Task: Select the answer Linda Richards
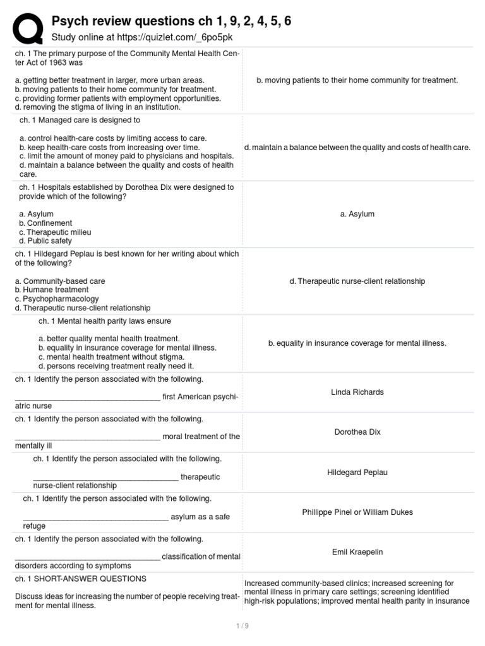point(357,392)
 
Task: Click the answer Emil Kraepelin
point(357,552)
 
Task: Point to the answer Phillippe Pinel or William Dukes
point(357,512)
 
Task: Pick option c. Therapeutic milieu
point(55,232)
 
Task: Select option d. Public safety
point(45,241)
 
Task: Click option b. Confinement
point(45,223)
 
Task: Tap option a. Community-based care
point(60,281)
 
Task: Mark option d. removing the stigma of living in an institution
point(98,107)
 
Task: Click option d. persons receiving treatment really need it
point(116,366)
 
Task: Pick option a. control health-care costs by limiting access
point(113,138)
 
